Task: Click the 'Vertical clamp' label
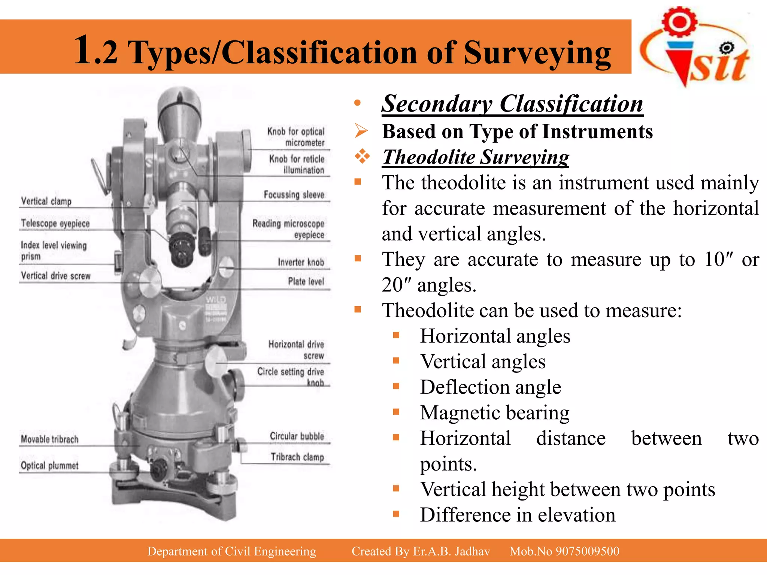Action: pos(46,201)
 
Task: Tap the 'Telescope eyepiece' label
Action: pos(55,223)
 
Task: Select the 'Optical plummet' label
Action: pos(50,465)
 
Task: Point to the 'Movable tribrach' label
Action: pos(50,439)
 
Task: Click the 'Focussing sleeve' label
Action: pos(294,195)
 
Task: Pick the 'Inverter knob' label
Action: pos(301,262)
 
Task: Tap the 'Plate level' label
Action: pos(306,281)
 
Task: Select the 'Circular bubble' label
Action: pos(297,436)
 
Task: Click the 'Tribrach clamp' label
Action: pos(297,457)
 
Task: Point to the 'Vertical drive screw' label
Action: pos(56,276)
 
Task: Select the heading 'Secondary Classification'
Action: pos(512,104)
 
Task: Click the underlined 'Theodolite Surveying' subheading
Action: pos(476,157)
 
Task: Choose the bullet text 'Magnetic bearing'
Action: pos(495,413)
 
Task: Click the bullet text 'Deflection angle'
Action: pos(491,387)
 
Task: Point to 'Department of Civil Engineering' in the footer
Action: pos(231,551)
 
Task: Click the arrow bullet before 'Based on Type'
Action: pos(362,131)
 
